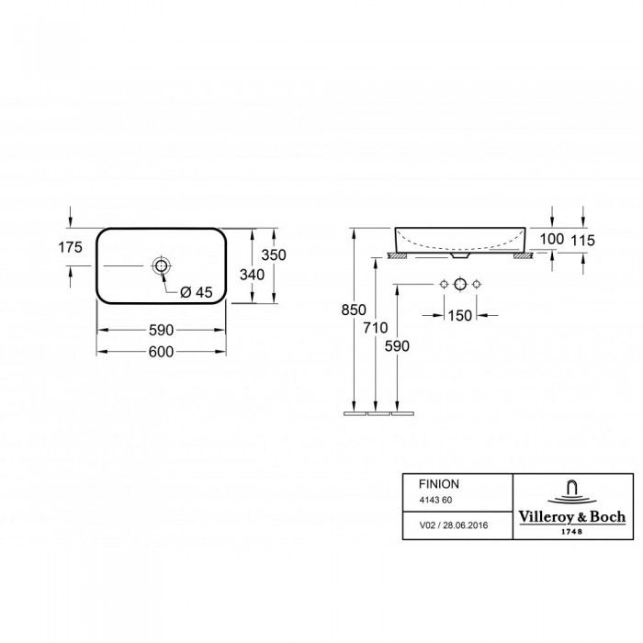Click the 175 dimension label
pos(70,247)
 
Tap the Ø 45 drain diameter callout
pos(197,292)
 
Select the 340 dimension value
pos(253,275)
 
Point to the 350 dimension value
pos(274,255)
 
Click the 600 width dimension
pos(161,352)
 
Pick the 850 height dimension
pos(354,310)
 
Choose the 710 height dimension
pos(375,328)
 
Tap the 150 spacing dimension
pos(460,315)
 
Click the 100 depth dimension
pos(552,239)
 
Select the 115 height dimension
pos(582,241)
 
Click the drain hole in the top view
pos(161,265)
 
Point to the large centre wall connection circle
pos(460,284)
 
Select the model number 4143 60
pos(435,501)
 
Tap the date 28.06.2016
pos(466,525)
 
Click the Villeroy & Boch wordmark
pos(572,517)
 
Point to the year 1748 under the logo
pos(572,532)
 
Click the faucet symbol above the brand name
pos(572,492)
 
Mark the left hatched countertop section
pos(398,256)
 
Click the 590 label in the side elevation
pos(397,346)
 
